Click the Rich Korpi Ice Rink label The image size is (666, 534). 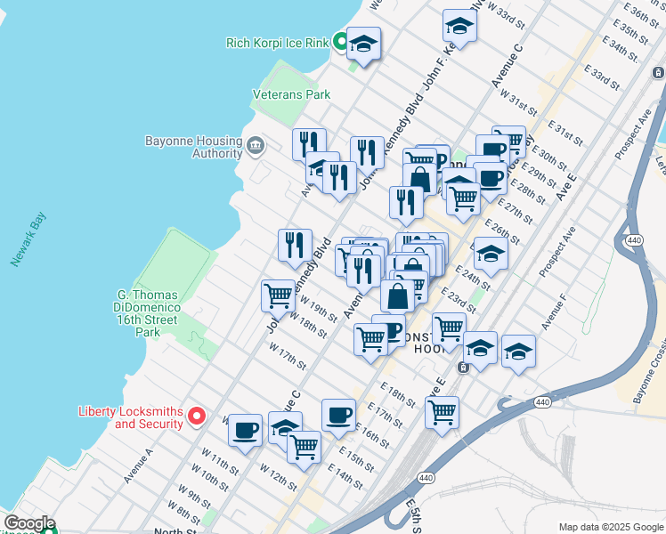[x=277, y=42]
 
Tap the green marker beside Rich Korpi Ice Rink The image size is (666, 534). [x=340, y=41]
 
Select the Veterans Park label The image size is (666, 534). [x=291, y=94]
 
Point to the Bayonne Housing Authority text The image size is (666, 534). [x=194, y=147]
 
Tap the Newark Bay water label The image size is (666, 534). [x=28, y=241]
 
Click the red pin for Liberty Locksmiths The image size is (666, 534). [x=199, y=416]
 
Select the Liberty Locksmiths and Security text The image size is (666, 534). [x=131, y=417]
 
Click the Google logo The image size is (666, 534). [x=28, y=523]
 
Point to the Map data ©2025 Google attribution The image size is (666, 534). [x=610, y=527]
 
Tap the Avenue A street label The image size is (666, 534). [x=138, y=465]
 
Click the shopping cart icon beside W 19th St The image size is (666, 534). [x=278, y=295]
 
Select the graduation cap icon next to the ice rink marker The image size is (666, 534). [x=363, y=44]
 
